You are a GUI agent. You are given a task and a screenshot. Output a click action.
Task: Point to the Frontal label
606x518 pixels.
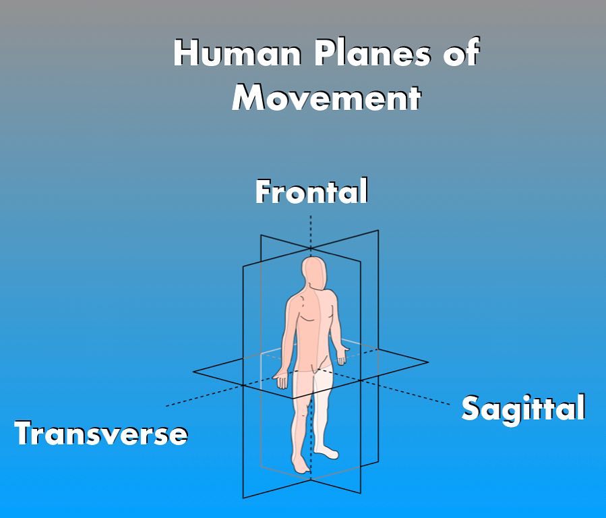tap(311, 192)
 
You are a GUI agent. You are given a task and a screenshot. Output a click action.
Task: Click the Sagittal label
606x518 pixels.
tap(523, 409)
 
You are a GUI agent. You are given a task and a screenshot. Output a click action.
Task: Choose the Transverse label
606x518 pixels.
tap(101, 433)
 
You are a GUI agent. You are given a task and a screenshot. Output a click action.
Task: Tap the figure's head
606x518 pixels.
tap(315, 273)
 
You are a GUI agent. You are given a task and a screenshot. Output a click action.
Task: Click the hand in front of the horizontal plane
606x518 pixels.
tap(280, 379)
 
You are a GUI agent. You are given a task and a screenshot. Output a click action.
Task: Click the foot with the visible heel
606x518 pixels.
tap(326, 452)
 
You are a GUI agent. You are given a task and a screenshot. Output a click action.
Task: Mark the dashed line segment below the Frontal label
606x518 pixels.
tap(311, 231)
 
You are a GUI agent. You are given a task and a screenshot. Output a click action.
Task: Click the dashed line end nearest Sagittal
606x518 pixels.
tap(450, 404)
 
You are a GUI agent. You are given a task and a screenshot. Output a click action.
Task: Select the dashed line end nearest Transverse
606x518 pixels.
tap(166, 406)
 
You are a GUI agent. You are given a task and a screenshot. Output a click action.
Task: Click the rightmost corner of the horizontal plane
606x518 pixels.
tap(428, 362)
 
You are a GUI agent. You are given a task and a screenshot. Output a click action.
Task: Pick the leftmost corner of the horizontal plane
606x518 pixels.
tap(193, 372)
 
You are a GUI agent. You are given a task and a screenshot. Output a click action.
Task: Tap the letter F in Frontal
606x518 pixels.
tap(263, 191)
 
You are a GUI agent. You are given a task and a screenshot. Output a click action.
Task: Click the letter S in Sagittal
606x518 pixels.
tap(471, 409)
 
